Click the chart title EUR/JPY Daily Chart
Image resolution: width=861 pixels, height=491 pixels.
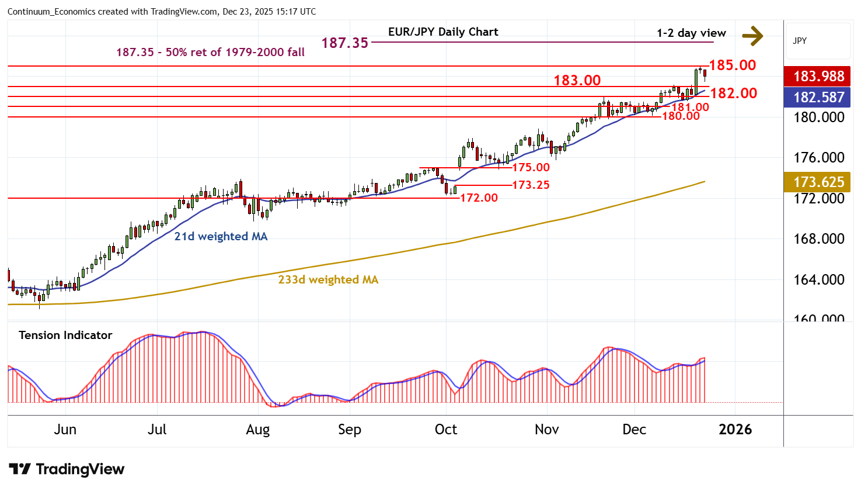[x=443, y=32]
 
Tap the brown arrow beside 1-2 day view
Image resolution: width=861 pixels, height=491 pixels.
[x=752, y=36]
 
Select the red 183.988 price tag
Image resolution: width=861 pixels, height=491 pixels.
[x=818, y=76]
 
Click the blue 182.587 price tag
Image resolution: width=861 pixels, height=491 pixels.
[x=818, y=97]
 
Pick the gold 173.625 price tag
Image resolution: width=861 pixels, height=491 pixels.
[x=818, y=182]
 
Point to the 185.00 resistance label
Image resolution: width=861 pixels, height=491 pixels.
[x=732, y=65]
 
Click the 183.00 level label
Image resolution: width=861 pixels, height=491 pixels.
[x=577, y=80]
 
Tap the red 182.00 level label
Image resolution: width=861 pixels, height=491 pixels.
[x=733, y=93]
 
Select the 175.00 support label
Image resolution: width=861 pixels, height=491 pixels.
[x=531, y=167]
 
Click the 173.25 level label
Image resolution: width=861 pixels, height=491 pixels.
[x=531, y=185]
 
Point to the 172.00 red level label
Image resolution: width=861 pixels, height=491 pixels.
[x=479, y=198]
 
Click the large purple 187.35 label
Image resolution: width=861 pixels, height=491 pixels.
[x=344, y=43]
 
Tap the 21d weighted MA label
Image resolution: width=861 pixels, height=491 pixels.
[x=221, y=236]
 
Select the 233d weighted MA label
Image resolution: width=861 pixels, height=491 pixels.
[x=328, y=279]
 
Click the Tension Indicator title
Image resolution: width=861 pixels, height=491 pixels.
[x=65, y=335]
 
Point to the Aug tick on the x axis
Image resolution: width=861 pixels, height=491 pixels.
[x=257, y=430]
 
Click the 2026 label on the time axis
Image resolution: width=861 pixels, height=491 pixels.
[x=735, y=430]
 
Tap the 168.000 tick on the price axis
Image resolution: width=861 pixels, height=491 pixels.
[x=818, y=238]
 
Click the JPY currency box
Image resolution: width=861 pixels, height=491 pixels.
[x=800, y=41]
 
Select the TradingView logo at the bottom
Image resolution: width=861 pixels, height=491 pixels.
[x=67, y=469]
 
